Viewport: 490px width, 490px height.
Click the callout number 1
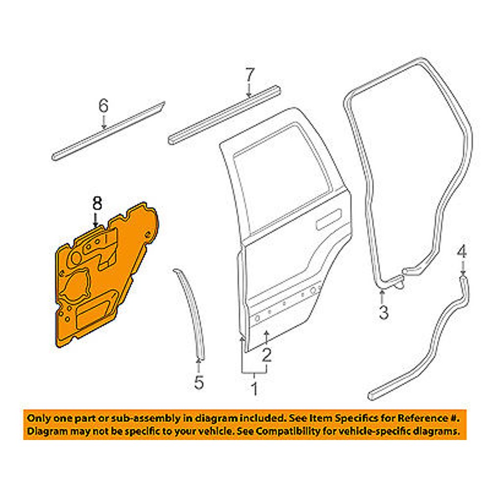click(254, 390)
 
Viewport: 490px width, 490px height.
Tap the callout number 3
click(384, 312)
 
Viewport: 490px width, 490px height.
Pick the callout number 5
click(198, 382)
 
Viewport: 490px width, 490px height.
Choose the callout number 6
click(103, 106)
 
